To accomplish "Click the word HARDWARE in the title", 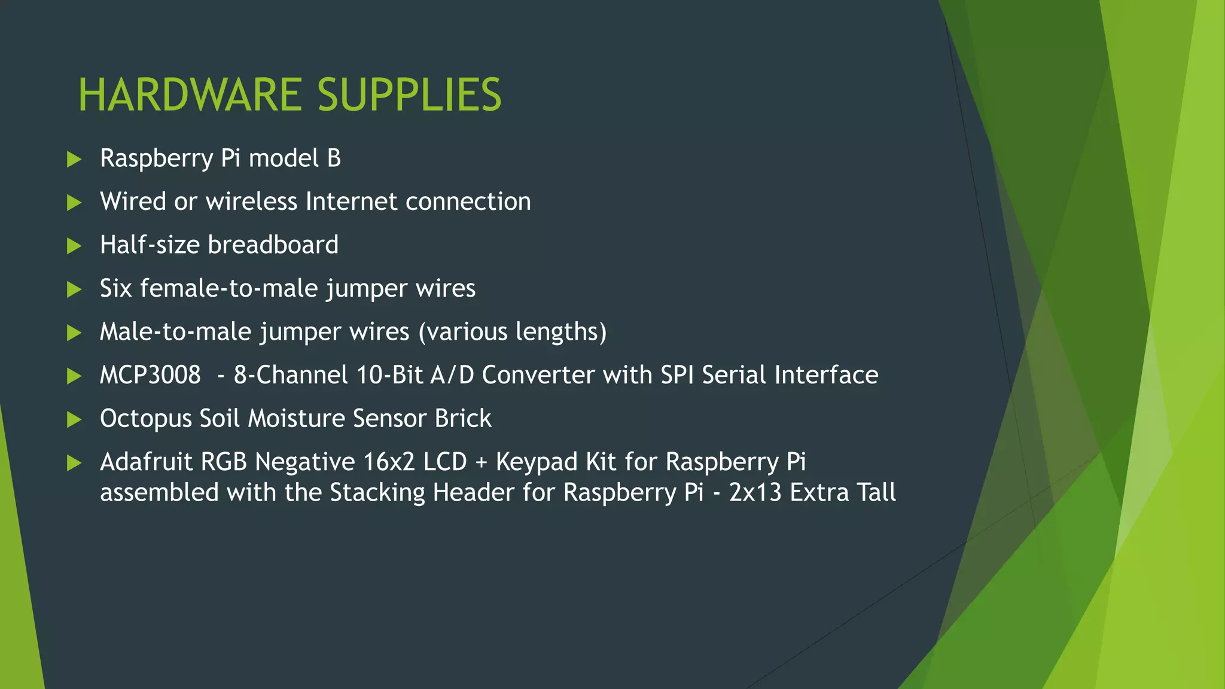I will click(x=190, y=95).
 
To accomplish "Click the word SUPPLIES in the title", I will click(x=409, y=95).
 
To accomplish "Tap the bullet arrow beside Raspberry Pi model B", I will click(x=74, y=159).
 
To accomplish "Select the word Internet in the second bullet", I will click(x=351, y=202).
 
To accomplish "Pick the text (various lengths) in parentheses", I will click(x=513, y=332).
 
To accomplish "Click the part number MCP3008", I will click(x=150, y=375).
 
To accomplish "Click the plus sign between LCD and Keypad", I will click(x=482, y=462).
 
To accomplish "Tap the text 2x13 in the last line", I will click(x=755, y=493).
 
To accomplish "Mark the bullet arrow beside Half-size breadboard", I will click(x=74, y=246).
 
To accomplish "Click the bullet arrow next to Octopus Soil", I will click(x=74, y=419).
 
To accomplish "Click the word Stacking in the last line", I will click(x=377, y=493).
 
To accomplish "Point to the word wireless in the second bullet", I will click(x=252, y=202).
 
